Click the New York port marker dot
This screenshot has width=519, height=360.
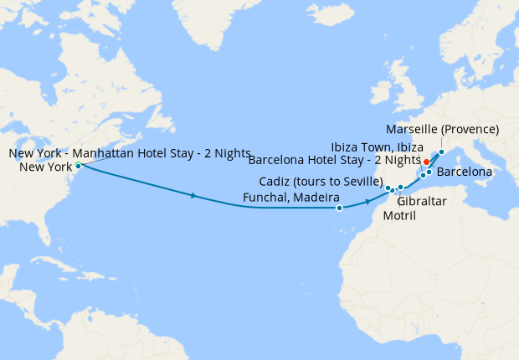[78, 166]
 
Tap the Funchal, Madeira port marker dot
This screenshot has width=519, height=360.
[339, 208]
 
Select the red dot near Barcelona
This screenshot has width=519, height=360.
[426, 162]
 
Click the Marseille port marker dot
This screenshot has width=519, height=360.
[441, 152]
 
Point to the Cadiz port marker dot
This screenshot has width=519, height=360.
[388, 188]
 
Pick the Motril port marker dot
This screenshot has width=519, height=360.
[400, 188]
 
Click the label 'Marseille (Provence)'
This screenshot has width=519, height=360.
[443, 130]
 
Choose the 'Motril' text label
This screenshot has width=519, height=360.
[398, 215]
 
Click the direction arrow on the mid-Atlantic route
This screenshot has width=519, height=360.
[194, 196]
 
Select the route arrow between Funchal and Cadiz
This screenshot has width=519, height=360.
[367, 202]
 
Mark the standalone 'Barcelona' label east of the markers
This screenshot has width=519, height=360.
[465, 172]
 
